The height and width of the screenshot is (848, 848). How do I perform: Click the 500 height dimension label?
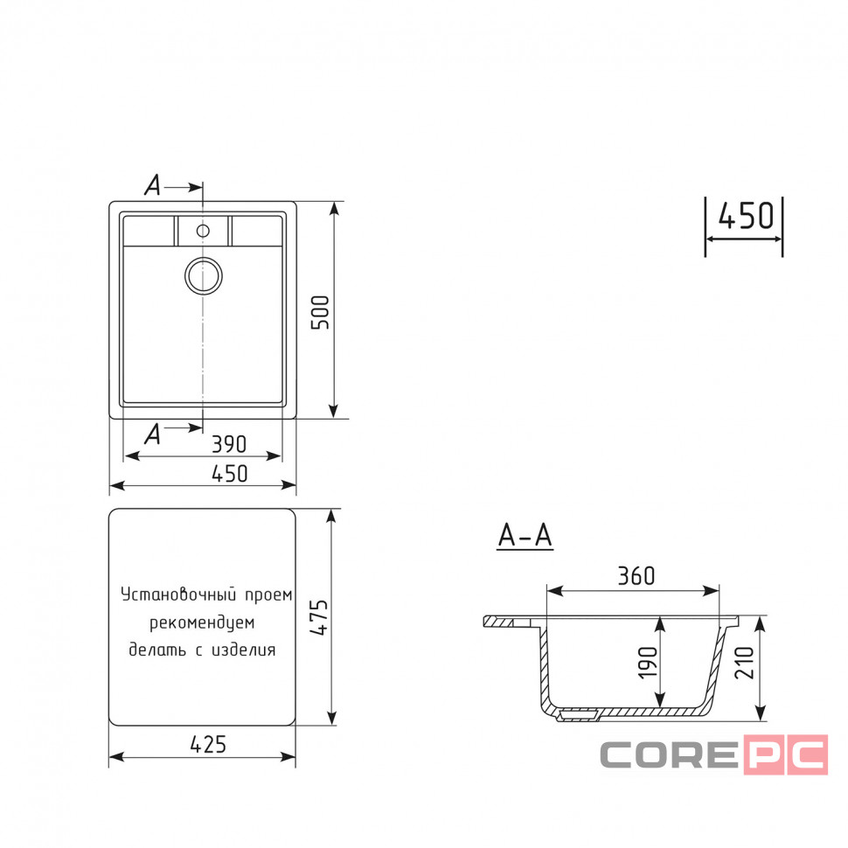click(x=320, y=312)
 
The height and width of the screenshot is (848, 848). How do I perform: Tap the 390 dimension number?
click(x=229, y=444)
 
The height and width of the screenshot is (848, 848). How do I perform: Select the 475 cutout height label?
click(x=319, y=617)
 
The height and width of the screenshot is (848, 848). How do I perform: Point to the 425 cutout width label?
click(x=208, y=745)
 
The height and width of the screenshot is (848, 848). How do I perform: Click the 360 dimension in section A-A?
click(x=636, y=576)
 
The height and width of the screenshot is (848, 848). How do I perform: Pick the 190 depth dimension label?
click(x=649, y=662)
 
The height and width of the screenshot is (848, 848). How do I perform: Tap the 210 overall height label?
click(x=745, y=662)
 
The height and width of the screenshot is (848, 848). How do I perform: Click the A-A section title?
click(x=525, y=536)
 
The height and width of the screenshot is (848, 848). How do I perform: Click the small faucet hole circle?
click(x=203, y=231)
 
